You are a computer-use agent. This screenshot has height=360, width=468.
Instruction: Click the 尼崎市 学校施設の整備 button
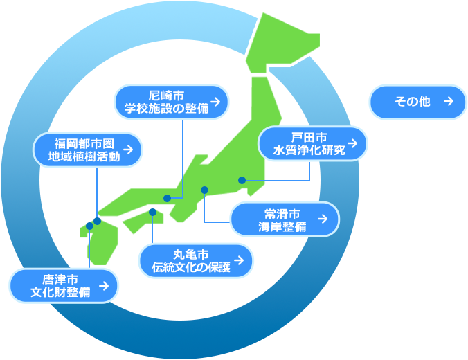pos(170,102)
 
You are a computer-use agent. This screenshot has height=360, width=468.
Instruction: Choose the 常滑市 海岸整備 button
pos(285,219)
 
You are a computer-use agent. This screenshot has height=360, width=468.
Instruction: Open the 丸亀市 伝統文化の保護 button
pos(196,260)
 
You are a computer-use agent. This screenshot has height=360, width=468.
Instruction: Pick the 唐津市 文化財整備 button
pos(64,285)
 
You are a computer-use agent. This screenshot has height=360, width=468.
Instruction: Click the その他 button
pos(418,102)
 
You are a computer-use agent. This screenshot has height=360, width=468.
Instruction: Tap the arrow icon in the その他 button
pos(448,102)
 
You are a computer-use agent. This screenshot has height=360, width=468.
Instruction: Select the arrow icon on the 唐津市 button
pos(104,285)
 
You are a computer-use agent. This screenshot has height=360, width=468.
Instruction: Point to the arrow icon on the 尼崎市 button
pos(217,102)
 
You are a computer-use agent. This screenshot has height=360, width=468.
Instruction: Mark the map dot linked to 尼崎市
pos(168,198)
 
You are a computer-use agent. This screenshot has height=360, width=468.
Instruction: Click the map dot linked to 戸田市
pos(242,180)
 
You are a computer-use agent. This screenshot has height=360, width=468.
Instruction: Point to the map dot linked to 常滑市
pos(204,190)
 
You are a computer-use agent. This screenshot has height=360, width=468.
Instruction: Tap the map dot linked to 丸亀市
pos(152,211)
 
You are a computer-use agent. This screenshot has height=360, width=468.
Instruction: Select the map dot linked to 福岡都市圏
pos(98,221)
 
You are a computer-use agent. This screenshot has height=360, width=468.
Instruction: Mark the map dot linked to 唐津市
pos(89,226)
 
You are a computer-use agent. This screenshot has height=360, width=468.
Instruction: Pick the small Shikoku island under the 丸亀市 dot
pos(143,221)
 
